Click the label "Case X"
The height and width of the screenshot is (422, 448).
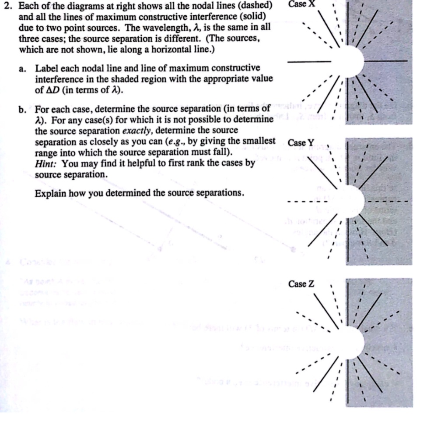pos(301,4)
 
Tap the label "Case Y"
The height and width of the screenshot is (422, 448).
pos(301,143)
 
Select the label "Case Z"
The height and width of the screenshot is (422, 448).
pos(301,284)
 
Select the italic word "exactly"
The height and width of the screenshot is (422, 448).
pos(137,131)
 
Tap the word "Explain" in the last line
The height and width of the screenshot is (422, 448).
pos(50,193)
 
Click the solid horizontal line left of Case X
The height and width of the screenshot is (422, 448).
pos(309,62)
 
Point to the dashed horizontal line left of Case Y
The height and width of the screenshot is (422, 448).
pos(306,202)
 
